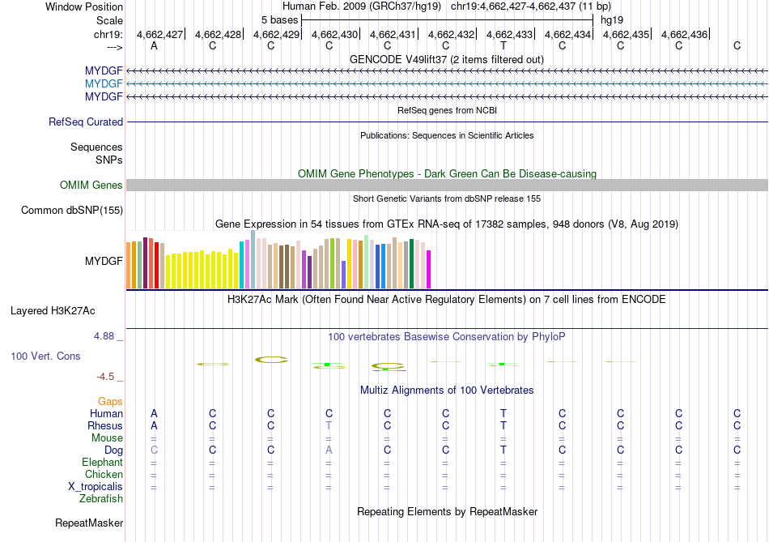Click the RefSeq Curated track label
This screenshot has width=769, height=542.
86,122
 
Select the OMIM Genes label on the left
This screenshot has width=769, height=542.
91,186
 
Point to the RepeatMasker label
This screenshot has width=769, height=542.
89,523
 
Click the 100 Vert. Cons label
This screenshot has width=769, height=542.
45,356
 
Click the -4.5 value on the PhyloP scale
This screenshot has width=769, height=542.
106,377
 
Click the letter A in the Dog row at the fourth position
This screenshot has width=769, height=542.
329,450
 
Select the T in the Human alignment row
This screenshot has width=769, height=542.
503,413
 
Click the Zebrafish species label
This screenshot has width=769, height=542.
102,499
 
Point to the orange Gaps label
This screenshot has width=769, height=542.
110,401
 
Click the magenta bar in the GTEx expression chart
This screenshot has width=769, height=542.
429,269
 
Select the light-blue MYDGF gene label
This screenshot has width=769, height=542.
104,83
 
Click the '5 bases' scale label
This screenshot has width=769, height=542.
279,19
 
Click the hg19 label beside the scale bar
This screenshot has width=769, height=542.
612,19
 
